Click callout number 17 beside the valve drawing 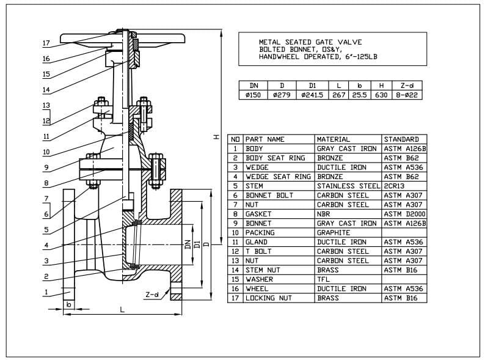point(46,43)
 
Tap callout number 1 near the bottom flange point(46,292)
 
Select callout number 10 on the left point(46,152)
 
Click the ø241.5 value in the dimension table point(312,95)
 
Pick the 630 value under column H point(381,95)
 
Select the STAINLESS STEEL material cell point(348,186)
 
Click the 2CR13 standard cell point(395,186)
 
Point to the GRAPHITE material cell point(334,232)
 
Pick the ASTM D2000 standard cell point(404,214)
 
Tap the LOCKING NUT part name point(268,298)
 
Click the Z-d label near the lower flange point(152,295)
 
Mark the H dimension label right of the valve point(216,138)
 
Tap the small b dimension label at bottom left point(69,304)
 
